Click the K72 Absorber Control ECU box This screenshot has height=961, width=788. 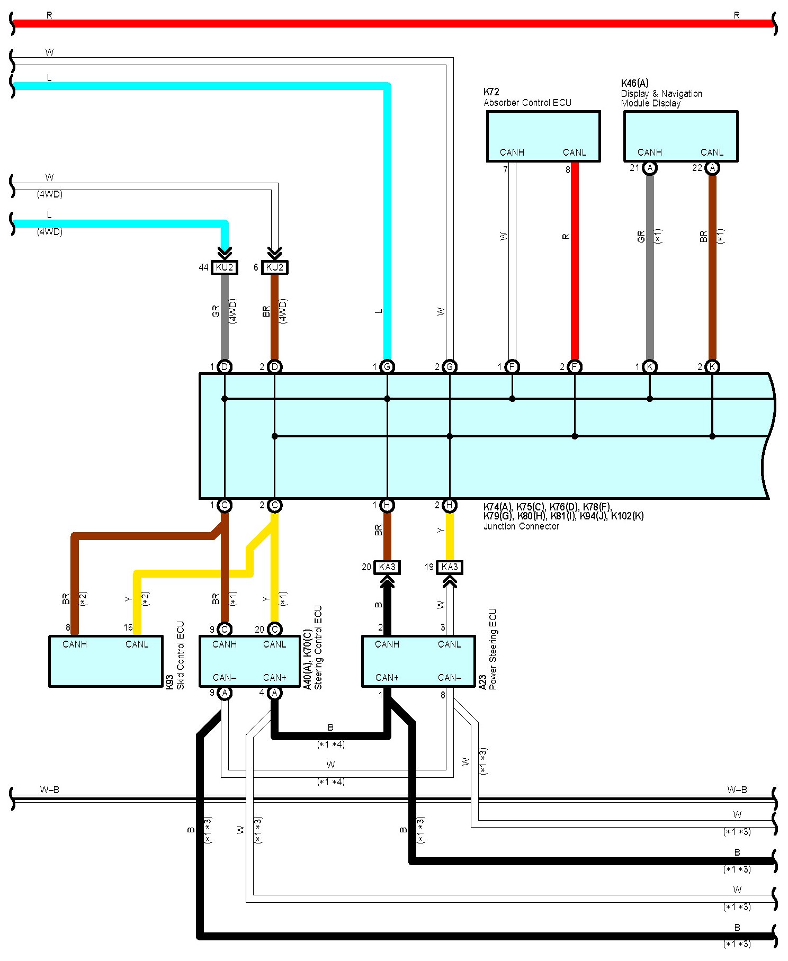coord(543,136)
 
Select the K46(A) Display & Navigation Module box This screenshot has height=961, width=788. coord(680,136)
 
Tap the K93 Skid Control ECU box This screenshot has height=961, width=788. coord(105,661)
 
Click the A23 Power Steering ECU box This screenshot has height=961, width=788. coord(418,661)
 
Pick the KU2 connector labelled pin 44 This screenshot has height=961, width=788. coord(225,267)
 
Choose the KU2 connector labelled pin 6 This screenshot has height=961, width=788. coord(275,267)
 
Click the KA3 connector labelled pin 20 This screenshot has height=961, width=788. coord(387,567)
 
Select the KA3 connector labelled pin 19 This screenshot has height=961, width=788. coord(450,567)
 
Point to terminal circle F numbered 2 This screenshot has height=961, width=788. coord(575,366)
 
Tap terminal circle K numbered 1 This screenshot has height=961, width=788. coord(650,366)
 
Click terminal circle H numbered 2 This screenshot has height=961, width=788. coord(450,505)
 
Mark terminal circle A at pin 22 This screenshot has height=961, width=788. coord(713,168)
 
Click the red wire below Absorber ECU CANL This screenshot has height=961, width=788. coord(575,265)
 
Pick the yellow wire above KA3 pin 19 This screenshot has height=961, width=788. coord(450,535)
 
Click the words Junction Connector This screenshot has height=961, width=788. coord(521,526)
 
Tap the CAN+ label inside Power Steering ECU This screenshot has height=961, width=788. coord(387,678)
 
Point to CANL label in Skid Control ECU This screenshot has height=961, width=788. coord(137,644)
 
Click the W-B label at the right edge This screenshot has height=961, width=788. coord(737,790)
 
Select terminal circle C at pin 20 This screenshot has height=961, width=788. coord(274,629)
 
